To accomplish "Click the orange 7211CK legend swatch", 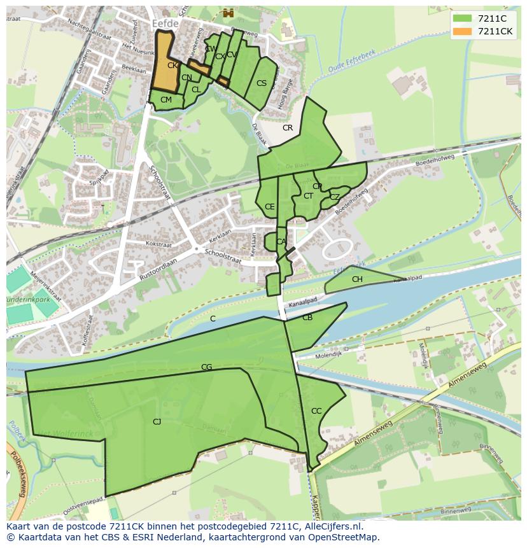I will (x=462, y=31).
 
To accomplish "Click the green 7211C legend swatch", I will (x=462, y=18).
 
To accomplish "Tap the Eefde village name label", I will (x=166, y=23).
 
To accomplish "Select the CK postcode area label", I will (x=172, y=65).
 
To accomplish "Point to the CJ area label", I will (x=157, y=421).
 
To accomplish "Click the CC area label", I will (x=316, y=411).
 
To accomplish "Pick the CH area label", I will (x=357, y=279).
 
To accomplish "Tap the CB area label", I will (x=307, y=318).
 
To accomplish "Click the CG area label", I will (x=206, y=367).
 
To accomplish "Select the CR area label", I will (x=288, y=128).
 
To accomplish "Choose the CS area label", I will (x=262, y=83).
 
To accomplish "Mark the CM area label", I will (x=166, y=100).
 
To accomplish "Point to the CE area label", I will (x=270, y=207).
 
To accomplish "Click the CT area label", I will (x=308, y=196).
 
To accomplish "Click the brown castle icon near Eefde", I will (x=227, y=11).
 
